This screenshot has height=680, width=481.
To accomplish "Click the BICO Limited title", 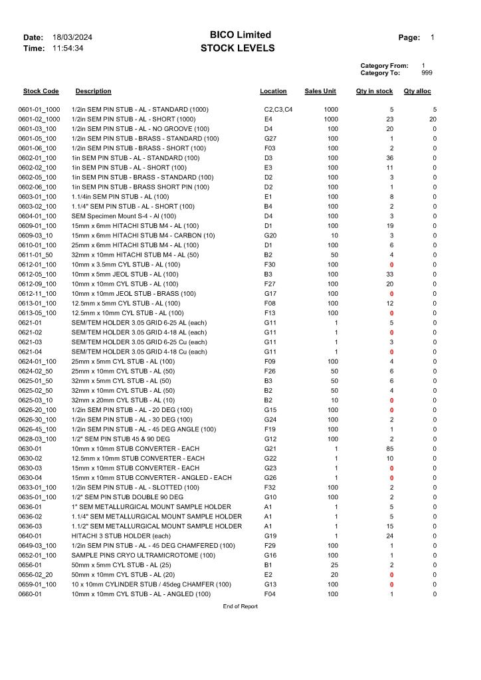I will (x=240, y=35).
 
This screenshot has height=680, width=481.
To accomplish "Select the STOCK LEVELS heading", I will (x=237, y=49).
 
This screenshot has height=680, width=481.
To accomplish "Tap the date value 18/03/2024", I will (x=72, y=37).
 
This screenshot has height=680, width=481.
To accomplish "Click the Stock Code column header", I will (x=41, y=91).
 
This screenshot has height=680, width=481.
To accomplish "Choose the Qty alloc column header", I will (x=417, y=91).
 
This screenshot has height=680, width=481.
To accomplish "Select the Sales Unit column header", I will (x=320, y=91).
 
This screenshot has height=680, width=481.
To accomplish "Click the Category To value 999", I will (x=427, y=73).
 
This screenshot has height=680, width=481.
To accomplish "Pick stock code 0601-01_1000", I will (x=39, y=109).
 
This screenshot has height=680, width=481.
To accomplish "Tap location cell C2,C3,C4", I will (x=278, y=109).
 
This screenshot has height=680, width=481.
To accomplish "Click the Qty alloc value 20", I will (x=433, y=119).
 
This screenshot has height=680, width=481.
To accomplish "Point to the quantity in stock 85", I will (x=389, y=449).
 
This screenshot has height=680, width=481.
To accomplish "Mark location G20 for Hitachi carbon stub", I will (x=270, y=235).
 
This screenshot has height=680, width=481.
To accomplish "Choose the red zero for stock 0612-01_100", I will (x=391, y=265).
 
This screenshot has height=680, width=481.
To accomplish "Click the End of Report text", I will (x=240, y=606).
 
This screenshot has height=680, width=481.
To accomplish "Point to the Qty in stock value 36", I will (x=390, y=158).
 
